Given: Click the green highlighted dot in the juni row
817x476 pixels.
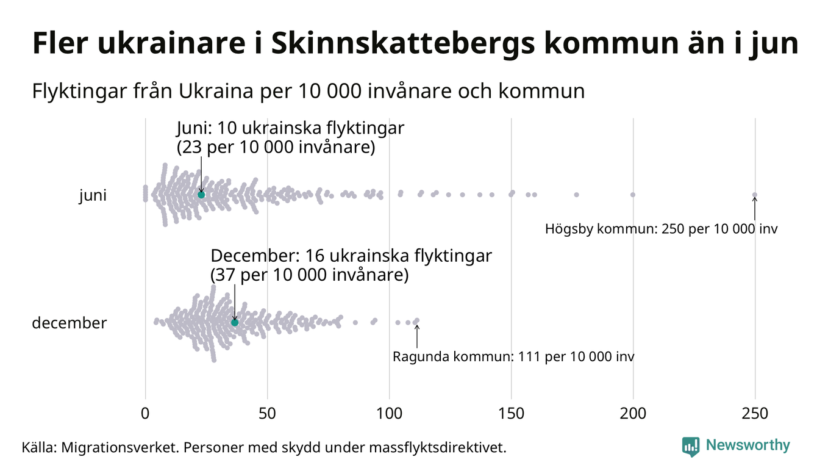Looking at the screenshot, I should tap(201, 195).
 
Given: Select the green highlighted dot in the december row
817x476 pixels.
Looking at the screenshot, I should tap(235, 322).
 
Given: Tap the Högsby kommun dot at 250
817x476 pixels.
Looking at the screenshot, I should tap(755, 195).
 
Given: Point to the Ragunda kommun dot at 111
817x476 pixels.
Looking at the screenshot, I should tap(417, 320).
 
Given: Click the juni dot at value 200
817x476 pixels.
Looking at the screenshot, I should tap(633, 195).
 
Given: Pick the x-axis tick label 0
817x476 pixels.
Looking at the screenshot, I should tap(145, 413).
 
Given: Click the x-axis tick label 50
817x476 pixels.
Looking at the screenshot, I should tap(267, 413).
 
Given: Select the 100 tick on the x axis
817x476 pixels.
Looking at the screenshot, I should tap(389, 413).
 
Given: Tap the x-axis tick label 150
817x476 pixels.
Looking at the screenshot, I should tap(511, 413).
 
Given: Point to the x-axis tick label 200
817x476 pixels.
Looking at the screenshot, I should tap(633, 413).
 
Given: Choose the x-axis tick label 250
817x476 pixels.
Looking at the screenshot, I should tap(755, 413).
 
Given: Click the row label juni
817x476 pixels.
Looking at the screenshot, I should tap(93, 196).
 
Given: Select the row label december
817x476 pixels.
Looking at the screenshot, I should tap(69, 323).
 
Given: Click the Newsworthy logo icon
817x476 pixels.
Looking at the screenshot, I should tap(690, 447).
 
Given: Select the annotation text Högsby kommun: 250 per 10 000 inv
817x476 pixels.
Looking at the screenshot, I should tap(662, 229).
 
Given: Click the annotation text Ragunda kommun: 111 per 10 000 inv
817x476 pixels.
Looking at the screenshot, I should tap(513, 356).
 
